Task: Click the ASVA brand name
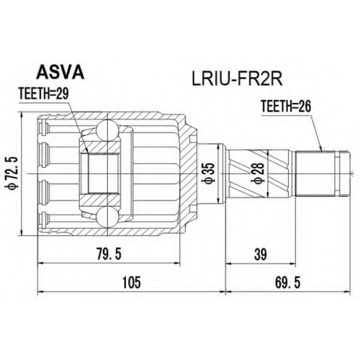[x=60, y=72]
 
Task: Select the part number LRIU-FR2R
[x=237, y=79]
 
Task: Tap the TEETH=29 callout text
[x=44, y=94]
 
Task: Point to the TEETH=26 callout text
[x=286, y=106]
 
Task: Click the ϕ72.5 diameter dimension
[x=12, y=174]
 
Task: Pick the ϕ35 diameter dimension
[x=209, y=174]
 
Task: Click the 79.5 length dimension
[x=109, y=254]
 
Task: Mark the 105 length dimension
[x=131, y=282]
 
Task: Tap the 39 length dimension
[x=261, y=254]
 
